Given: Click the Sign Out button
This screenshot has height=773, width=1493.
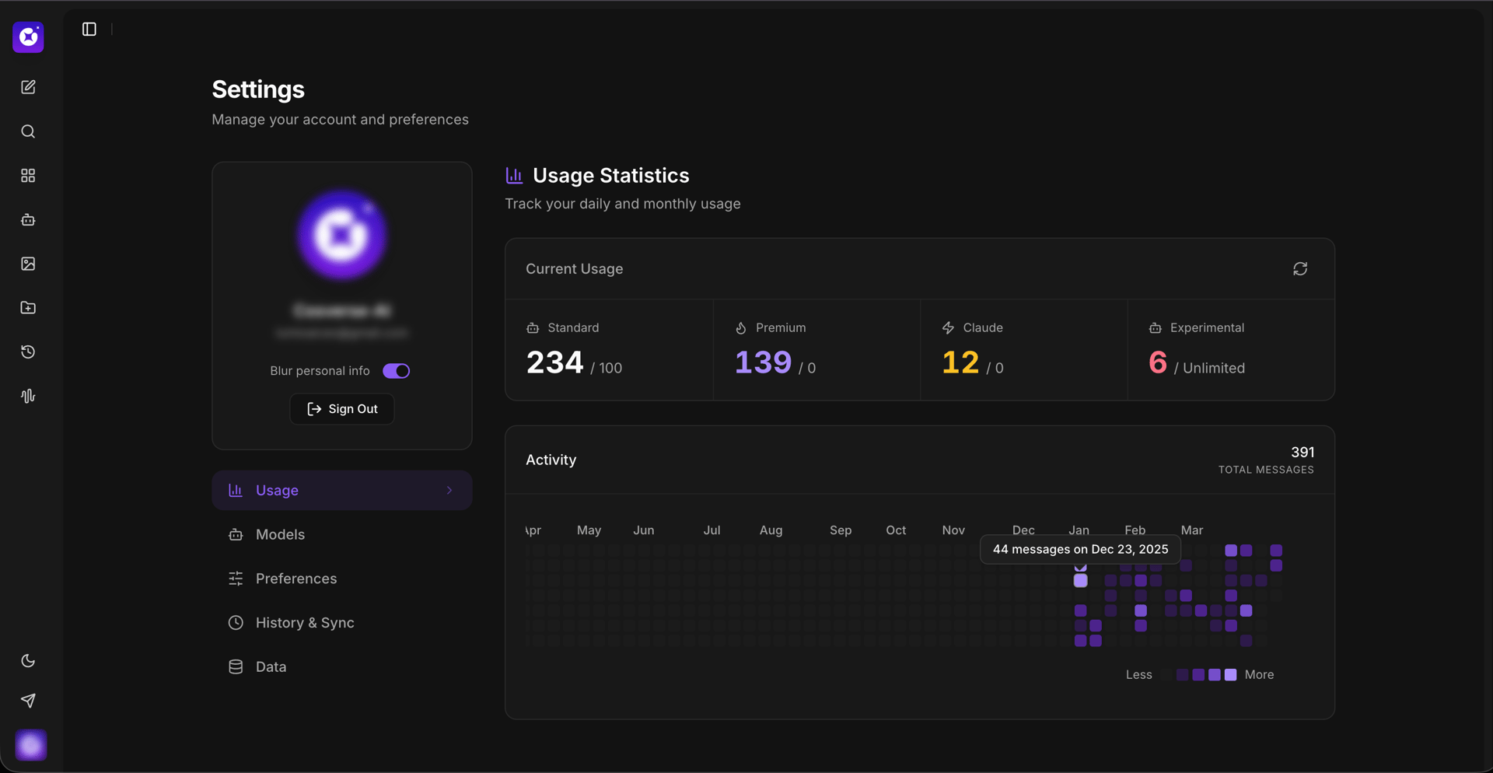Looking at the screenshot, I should tap(342, 409).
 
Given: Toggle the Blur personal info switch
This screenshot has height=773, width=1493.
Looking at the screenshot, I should tap(396, 371).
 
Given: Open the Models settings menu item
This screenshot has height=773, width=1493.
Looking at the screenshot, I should tap(280, 535).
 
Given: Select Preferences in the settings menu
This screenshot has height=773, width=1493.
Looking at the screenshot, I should tap(295, 579).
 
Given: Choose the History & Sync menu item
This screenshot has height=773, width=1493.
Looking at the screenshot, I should tap(304, 623).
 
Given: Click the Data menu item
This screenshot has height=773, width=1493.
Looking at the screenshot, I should tap(271, 667).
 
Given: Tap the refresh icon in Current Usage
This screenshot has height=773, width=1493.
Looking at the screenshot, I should tap(1300, 269).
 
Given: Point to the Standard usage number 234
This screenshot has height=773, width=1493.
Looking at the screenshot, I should tap(554, 362).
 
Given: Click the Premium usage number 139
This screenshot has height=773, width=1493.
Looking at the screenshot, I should tap(763, 362).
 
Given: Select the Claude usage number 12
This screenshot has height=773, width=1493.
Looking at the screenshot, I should tap(960, 362).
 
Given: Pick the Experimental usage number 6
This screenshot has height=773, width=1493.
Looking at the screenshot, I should tap(1157, 362).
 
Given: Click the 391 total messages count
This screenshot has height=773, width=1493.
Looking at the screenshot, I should tap(1302, 453).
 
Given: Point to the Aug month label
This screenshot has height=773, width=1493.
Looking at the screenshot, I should tap(771, 530).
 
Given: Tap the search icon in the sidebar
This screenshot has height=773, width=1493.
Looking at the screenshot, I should tap(28, 131).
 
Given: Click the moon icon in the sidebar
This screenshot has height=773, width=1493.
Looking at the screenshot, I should tap(28, 661).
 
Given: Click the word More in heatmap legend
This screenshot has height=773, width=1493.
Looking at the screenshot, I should tap(1259, 675).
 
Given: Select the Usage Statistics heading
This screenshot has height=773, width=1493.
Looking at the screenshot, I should tap(610, 176).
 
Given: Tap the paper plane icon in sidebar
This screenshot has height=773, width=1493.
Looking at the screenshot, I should tap(28, 701).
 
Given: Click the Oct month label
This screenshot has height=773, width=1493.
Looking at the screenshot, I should tap(896, 530).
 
